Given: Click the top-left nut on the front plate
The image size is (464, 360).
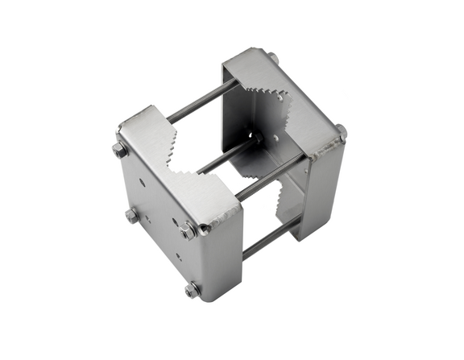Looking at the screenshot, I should (x=120, y=151).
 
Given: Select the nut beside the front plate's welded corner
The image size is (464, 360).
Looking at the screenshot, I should (x=188, y=231).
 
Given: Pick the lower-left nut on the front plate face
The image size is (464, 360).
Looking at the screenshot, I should (x=131, y=215).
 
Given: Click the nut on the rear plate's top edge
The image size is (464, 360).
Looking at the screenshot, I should (x=272, y=58).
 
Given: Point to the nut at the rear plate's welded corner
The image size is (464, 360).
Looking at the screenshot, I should (x=341, y=131).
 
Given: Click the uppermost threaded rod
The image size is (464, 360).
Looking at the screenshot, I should (x=201, y=100).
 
